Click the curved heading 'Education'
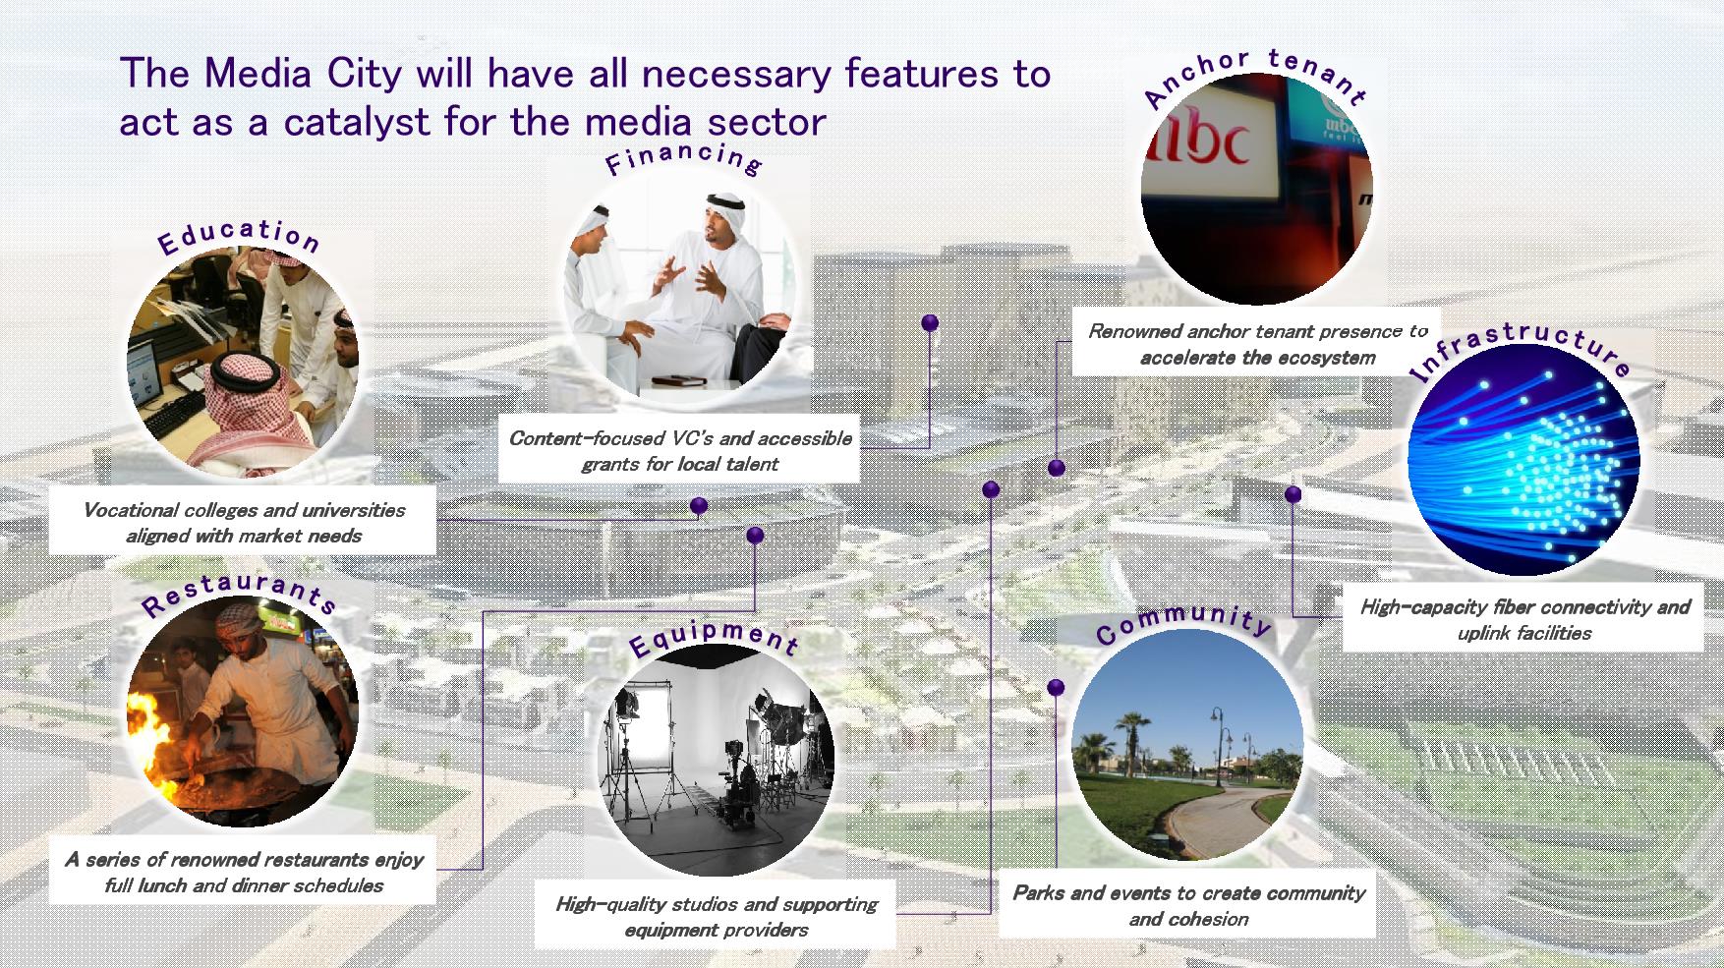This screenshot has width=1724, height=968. pyautogui.click(x=239, y=236)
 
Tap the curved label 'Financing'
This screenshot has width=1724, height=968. pyautogui.click(x=684, y=157)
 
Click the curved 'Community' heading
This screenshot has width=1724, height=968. pyautogui.click(x=1184, y=622)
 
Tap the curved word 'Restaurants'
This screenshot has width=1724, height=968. pyautogui.click(x=240, y=594)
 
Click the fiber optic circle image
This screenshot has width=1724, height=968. pyautogui.click(x=1523, y=460)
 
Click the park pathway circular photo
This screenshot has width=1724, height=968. pyautogui.click(x=1187, y=745)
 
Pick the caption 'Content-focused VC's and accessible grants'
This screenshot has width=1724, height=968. pyautogui.click(x=679, y=451)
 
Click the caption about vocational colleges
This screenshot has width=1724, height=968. pyautogui.click(x=244, y=523)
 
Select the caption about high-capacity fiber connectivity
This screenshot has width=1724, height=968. pyautogui.click(x=1524, y=620)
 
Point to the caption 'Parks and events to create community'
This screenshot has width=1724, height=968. pyautogui.click(x=1188, y=906)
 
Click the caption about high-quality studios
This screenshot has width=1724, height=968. pyautogui.click(x=717, y=917)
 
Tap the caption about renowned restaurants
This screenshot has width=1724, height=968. pyautogui.click(x=244, y=873)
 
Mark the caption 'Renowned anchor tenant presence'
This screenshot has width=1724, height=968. pyautogui.click(x=1257, y=344)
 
